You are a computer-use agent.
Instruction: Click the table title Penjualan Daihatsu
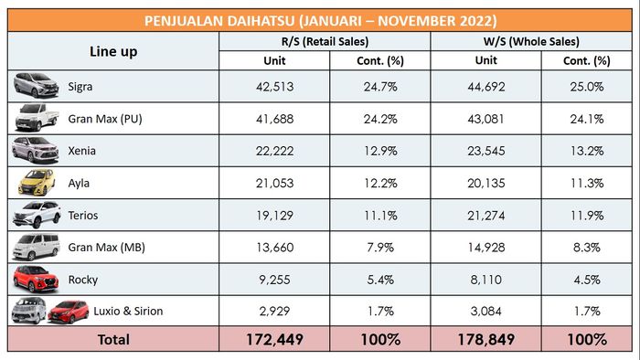320,20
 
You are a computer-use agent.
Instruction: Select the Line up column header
114,52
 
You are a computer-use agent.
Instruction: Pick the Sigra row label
82,87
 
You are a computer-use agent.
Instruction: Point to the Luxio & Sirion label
128,311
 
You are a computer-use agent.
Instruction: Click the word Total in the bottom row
114,339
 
